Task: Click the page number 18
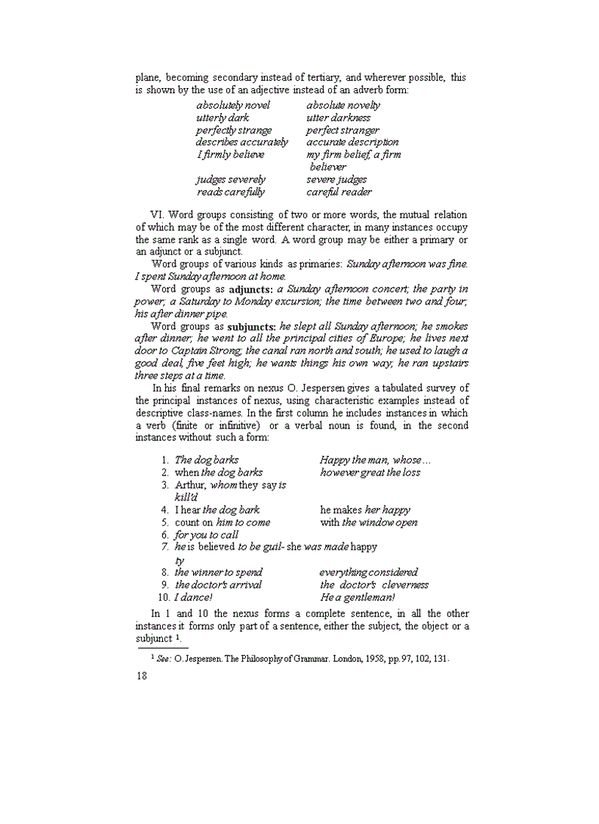pyautogui.click(x=142, y=676)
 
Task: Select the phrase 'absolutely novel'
pyautogui.click(x=233, y=105)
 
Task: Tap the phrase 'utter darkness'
pyautogui.click(x=338, y=117)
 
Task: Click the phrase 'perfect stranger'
pyautogui.click(x=343, y=130)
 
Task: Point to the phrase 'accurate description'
pyautogui.click(x=352, y=142)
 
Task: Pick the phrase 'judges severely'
pyautogui.click(x=230, y=179)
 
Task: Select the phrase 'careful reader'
pyautogui.click(x=339, y=192)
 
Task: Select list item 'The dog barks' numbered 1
pyautogui.click(x=206, y=460)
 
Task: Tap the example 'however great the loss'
pyautogui.click(x=370, y=473)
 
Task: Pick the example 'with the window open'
pyautogui.click(x=369, y=522)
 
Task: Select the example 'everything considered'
pyautogui.click(x=369, y=572)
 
